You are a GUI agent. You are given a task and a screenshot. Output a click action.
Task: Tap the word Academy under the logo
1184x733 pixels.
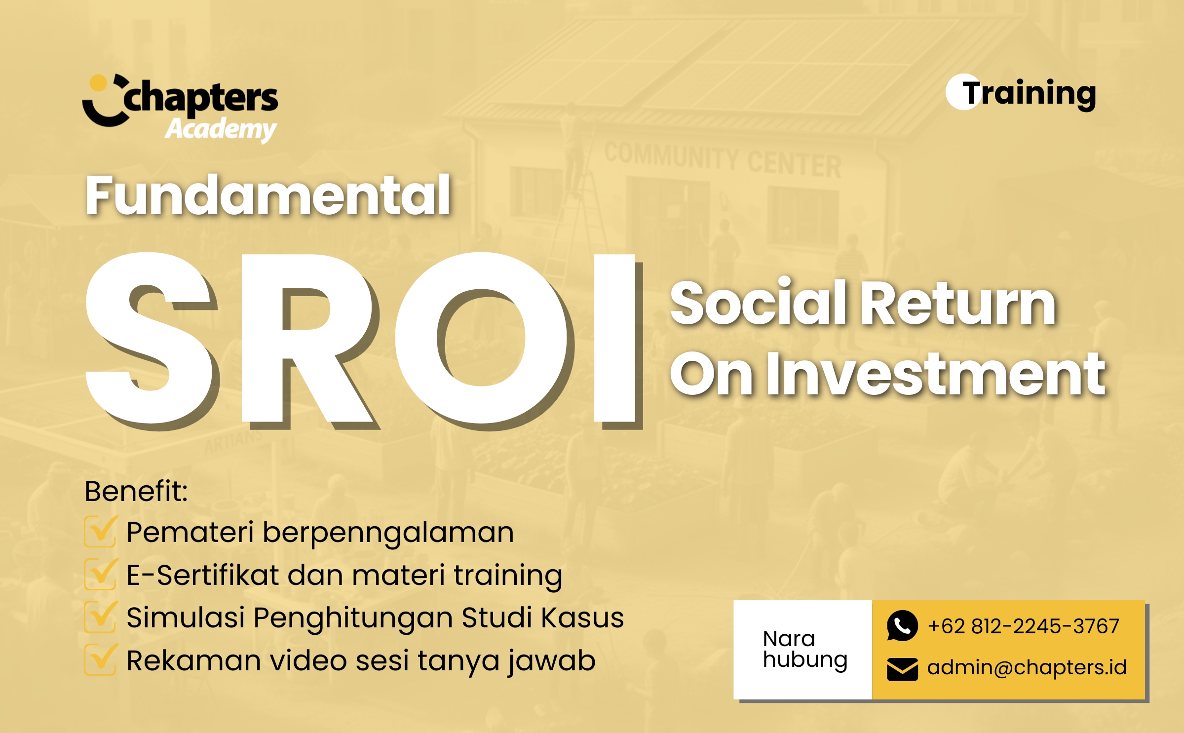click(221, 129)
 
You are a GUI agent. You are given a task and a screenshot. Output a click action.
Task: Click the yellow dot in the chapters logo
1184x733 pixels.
click(99, 83)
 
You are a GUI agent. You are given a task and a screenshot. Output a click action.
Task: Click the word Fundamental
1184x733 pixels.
click(267, 195)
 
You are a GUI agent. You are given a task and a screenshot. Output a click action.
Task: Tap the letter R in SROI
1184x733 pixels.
click(309, 339)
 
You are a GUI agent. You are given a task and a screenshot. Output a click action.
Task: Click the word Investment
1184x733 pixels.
click(936, 374)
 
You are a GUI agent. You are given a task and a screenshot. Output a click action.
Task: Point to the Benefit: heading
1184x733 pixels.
click(136, 491)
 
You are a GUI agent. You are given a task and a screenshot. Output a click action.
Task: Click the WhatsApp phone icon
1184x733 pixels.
click(902, 626)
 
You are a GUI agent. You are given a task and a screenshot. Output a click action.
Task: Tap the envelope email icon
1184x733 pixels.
click(902, 669)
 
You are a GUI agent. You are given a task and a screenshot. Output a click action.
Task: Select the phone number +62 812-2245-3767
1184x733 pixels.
click(1024, 626)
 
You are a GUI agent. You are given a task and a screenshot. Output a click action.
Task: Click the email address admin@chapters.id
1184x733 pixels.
click(1027, 667)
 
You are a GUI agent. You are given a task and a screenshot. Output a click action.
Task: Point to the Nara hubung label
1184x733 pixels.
click(805, 650)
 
